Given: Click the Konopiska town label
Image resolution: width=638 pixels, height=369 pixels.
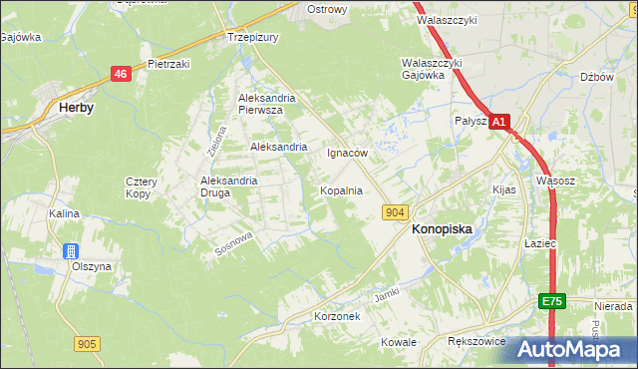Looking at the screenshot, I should tap(442, 228).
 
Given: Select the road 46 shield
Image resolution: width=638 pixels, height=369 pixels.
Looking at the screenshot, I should tap(121, 73).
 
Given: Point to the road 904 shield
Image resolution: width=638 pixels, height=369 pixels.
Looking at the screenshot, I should tap(395, 211).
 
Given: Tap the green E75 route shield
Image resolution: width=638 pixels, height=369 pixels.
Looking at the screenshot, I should tap(553, 301).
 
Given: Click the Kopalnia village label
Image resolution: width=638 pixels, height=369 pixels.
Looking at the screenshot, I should tap(340, 189).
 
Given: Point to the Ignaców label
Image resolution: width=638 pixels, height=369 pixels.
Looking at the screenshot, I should tap(348, 154).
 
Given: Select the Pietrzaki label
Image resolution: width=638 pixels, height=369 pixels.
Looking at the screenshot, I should tap(168, 63).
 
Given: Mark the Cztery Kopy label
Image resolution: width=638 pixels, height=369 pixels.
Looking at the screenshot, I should tap(138, 186).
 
